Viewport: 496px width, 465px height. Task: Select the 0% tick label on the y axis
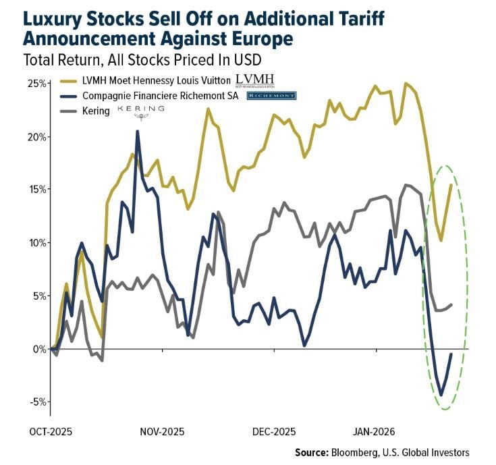click(x=38, y=349)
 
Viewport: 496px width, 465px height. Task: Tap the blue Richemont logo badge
click(x=271, y=96)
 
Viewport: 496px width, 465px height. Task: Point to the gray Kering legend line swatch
click(x=68, y=111)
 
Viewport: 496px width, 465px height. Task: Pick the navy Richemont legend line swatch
click(x=68, y=97)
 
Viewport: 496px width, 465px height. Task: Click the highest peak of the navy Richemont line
click(x=138, y=132)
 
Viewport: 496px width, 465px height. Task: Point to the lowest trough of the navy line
click(x=441, y=395)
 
